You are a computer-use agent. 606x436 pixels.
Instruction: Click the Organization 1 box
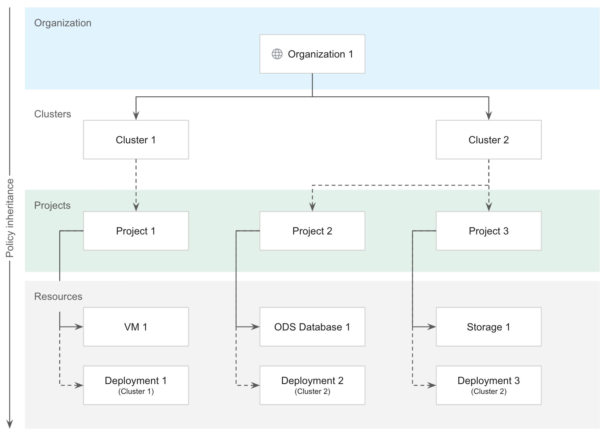[x=312, y=54]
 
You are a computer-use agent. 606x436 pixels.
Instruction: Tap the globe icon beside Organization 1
[x=277, y=54]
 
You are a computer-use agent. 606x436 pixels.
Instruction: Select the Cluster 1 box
[x=136, y=140]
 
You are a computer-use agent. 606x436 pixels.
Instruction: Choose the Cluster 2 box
[x=489, y=140]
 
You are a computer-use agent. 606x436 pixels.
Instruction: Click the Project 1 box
[x=136, y=231]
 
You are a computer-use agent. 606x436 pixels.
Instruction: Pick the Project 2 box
[x=312, y=231]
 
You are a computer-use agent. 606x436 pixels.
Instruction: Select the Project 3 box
[x=489, y=231]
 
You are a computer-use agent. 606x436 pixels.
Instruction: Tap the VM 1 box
[x=136, y=327]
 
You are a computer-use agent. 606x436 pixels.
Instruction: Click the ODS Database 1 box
[x=312, y=327]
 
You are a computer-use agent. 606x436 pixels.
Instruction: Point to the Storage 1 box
[x=489, y=327]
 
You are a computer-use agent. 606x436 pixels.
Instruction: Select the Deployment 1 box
[x=136, y=385]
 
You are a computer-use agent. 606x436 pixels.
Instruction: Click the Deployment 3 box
[x=489, y=385]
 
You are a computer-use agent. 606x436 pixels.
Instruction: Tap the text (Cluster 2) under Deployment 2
[x=312, y=391]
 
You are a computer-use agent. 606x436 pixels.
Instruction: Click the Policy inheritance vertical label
[x=10, y=218]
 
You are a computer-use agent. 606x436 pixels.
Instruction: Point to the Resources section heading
[x=58, y=296]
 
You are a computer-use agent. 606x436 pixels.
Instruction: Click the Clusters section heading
[x=53, y=114]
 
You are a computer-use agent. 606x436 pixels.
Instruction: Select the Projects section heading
[x=52, y=205]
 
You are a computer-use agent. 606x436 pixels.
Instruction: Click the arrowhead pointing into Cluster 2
[x=489, y=115]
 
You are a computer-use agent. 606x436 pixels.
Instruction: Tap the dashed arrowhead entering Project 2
[x=312, y=207]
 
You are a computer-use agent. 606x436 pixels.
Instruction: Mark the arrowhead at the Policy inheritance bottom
[x=10, y=424]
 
